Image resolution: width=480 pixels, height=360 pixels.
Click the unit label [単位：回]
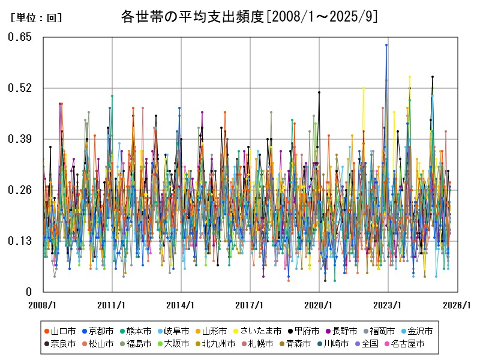(37, 18)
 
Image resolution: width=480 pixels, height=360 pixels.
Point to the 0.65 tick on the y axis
(20, 37)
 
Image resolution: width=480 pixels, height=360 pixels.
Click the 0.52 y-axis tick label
(20, 88)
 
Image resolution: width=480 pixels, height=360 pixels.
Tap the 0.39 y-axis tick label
(20, 139)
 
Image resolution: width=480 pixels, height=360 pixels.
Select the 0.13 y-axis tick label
(20, 241)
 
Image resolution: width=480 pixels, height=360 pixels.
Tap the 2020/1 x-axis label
(319, 305)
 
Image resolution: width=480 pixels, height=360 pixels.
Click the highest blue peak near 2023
(386, 45)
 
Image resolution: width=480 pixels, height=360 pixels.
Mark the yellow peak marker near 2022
(363, 88)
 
